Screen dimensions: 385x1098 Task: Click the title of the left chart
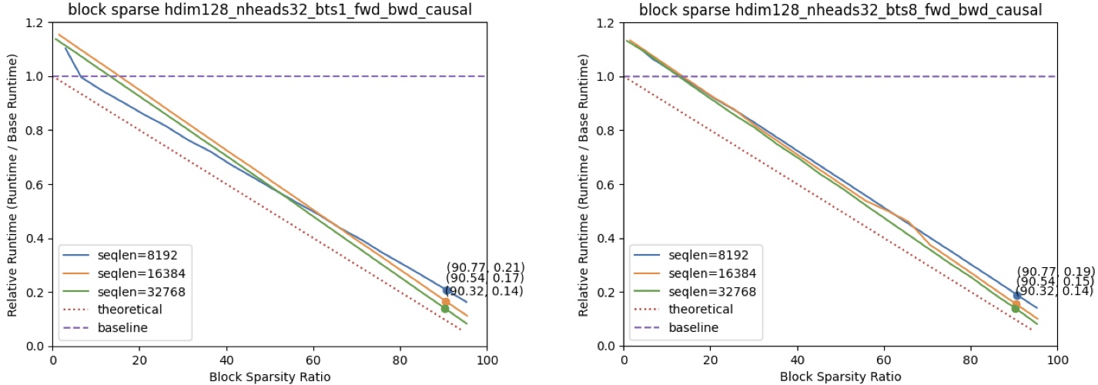click(x=269, y=10)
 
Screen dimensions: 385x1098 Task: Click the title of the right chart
click(x=840, y=10)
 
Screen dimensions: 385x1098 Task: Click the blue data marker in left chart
click(x=447, y=290)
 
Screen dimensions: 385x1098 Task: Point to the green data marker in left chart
click(x=445, y=309)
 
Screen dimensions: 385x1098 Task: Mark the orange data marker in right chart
click(x=1016, y=304)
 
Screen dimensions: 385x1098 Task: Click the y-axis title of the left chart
click(x=12, y=185)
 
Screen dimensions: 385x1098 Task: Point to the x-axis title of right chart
click(x=840, y=377)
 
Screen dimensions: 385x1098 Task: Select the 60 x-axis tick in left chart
click(x=313, y=360)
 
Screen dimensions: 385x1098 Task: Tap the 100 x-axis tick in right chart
click(x=1057, y=360)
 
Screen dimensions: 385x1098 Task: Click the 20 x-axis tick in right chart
click(x=711, y=360)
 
